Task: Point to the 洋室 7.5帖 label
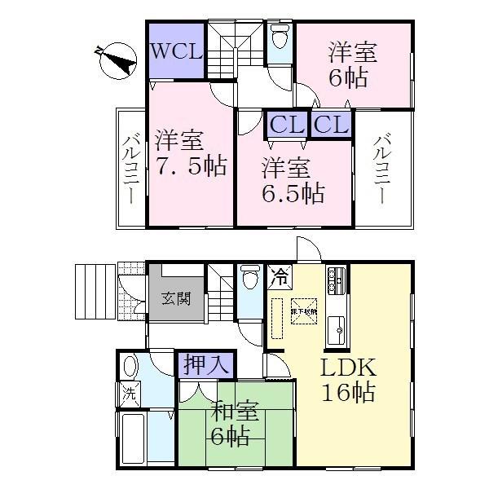click(x=189, y=152)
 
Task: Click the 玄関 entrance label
click(x=180, y=298)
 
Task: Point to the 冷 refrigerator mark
click(x=279, y=275)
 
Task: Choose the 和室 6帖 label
click(x=231, y=422)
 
